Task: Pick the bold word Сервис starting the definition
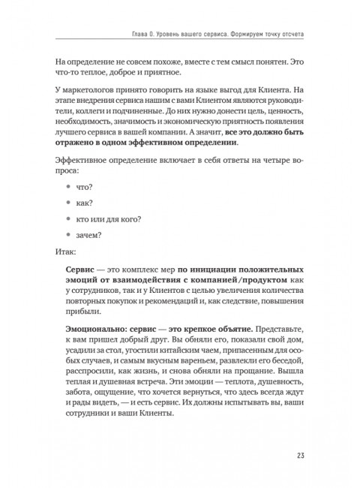(x=82, y=270)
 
